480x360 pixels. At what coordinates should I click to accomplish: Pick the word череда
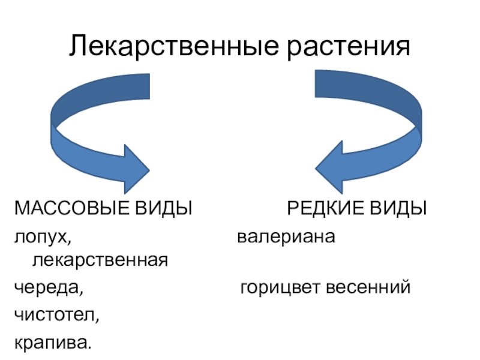[x=47, y=289]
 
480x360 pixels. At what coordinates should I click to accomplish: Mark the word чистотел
[x=53, y=314]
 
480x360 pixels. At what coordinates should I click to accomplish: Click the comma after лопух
[x=68, y=242]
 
